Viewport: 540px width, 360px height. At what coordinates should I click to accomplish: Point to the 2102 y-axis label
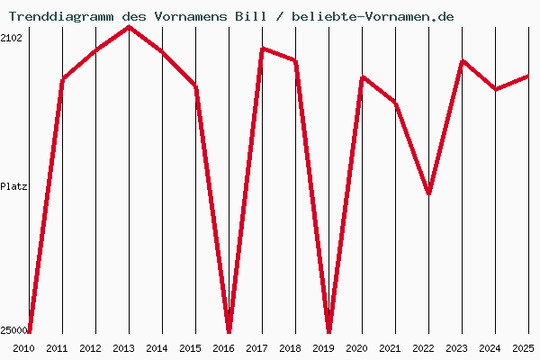(x=12, y=38)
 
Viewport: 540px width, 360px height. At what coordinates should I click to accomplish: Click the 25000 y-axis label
(x=13, y=331)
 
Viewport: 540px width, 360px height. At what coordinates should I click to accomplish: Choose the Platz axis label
(x=13, y=187)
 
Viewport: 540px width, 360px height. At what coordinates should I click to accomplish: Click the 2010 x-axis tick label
(x=23, y=348)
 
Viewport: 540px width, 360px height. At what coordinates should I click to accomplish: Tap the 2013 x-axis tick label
(x=123, y=348)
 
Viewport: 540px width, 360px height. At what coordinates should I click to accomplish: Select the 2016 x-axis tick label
(x=223, y=348)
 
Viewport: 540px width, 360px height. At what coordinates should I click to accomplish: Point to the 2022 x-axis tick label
(x=423, y=348)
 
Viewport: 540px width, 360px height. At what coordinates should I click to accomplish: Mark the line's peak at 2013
(x=129, y=27)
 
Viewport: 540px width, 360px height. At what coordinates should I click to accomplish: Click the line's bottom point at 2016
(x=229, y=329)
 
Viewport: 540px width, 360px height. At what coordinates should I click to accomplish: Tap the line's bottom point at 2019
(x=328, y=329)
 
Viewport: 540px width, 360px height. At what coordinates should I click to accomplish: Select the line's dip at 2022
(x=428, y=193)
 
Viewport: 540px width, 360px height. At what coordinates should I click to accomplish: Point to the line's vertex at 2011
(x=62, y=80)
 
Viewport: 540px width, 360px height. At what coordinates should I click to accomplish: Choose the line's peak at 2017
(x=262, y=48)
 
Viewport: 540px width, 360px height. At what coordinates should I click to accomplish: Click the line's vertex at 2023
(x=462, y=61)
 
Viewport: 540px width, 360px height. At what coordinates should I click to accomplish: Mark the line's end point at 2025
(x=528, y=76)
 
